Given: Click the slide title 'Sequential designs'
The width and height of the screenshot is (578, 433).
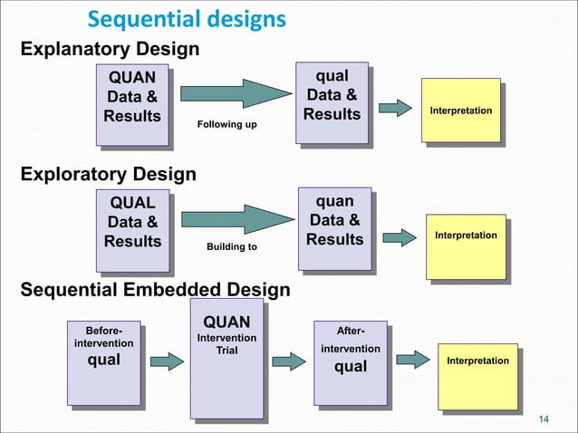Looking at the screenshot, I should [186, 19].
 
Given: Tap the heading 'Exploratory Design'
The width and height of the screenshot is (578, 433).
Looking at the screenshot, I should [108, 173].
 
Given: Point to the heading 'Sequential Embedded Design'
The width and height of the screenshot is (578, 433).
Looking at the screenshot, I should [155, 290].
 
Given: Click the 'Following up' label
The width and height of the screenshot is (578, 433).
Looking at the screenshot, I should [226, 123].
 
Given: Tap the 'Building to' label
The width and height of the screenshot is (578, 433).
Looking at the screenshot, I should [232, 246].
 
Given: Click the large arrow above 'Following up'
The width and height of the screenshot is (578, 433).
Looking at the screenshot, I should [237, 94].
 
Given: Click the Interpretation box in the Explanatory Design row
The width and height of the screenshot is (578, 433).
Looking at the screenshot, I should [461, 111].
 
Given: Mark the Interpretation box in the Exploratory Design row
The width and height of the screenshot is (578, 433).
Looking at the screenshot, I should [466, 236].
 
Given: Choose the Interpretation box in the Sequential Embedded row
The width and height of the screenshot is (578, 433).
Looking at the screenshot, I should [477, 361].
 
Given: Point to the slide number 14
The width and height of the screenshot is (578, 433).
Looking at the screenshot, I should [544, 418].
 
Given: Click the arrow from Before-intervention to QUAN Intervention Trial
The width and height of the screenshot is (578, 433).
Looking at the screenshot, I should [166, 361].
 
